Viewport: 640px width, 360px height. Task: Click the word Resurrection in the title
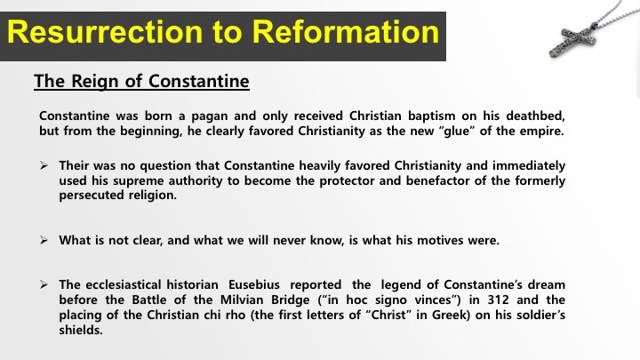(x=105, y=32)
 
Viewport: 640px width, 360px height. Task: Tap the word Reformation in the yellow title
(x=345, y=32)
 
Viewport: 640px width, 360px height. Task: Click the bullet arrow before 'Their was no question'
(x=44, y=165)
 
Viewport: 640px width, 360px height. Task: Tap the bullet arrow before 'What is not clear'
(x=44, y=240)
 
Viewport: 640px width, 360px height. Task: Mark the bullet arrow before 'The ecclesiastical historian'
(x=44, y=284)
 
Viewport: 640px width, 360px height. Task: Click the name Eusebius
(x=254, y=284)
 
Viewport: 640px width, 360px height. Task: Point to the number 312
(x=498, y=300)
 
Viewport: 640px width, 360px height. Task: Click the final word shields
(x=81, y=330)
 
